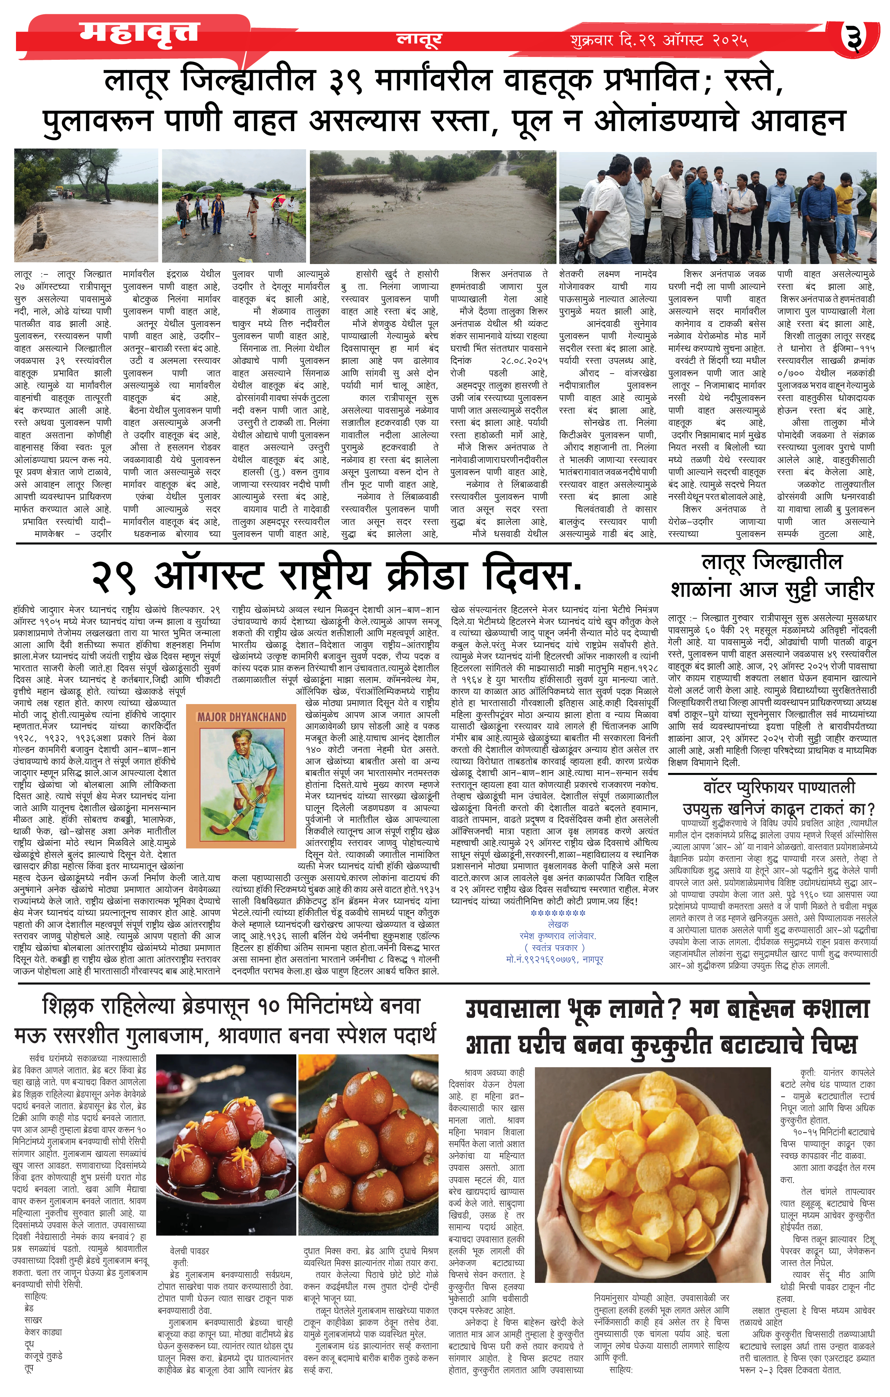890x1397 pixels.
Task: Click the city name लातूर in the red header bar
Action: coord(419,39)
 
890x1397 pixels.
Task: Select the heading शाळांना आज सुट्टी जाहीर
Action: coord(772,590)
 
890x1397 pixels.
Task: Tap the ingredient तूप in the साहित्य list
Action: coord(29,1368)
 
